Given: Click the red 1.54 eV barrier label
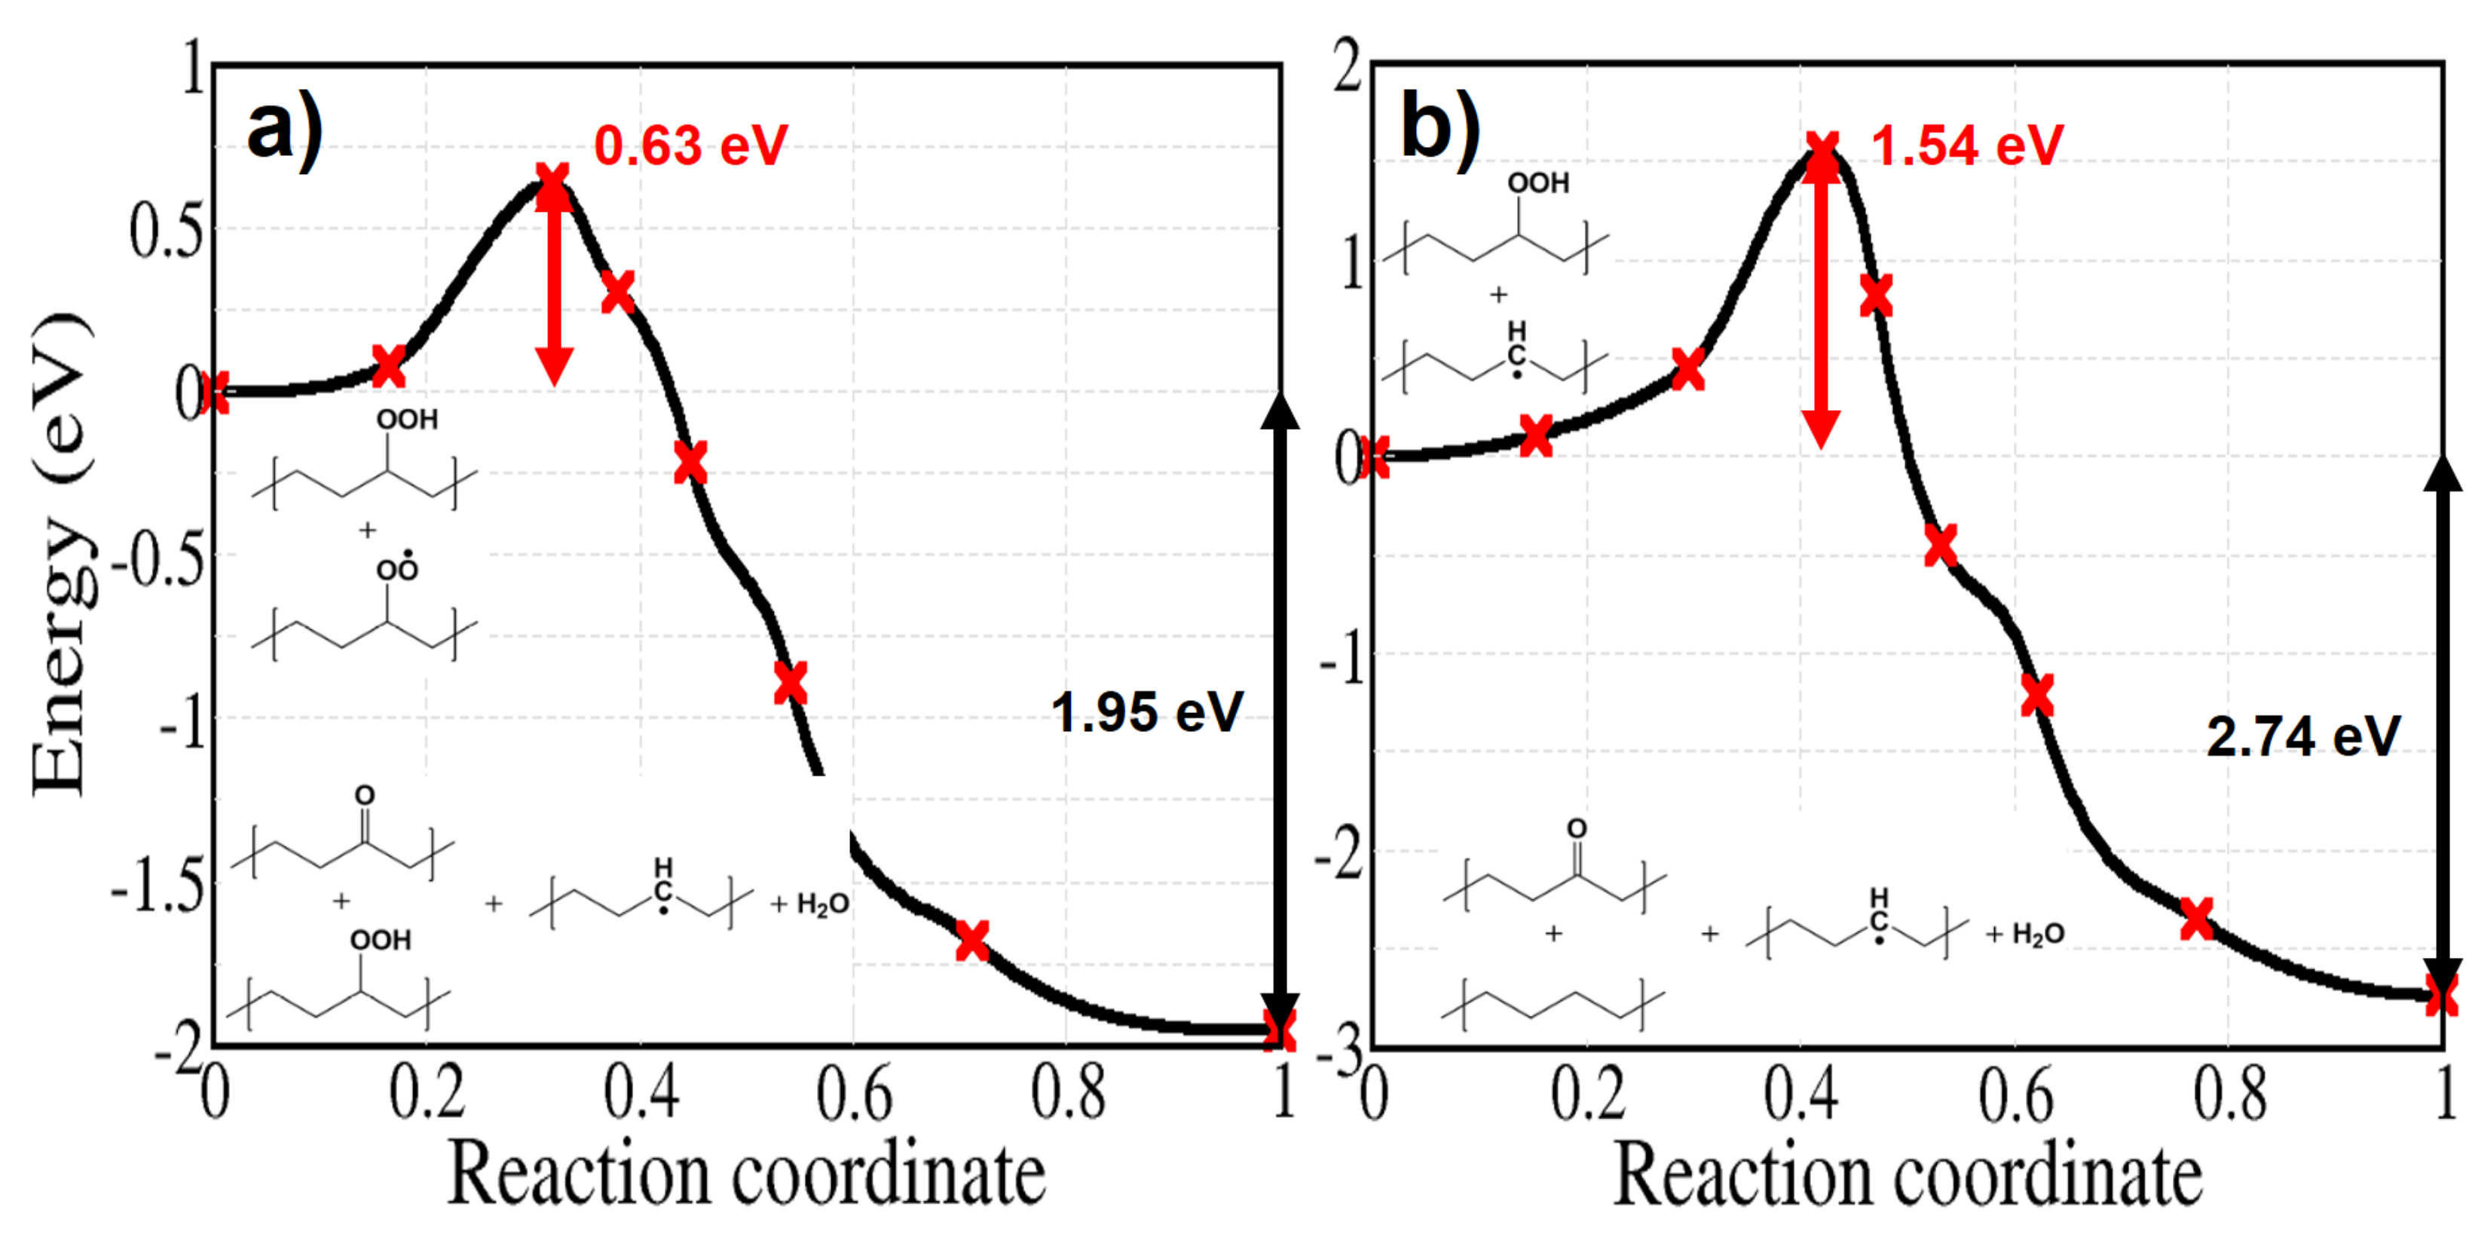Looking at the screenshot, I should [x=1966, y=146].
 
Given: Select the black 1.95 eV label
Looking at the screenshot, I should [x=1147, y=712].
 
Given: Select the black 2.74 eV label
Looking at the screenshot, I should [x=2303, y=737].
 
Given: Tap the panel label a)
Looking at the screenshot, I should [x=284, y=130].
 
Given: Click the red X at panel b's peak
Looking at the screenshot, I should [x=1822, y=154].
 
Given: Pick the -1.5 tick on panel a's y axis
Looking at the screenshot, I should [x=158, y=889].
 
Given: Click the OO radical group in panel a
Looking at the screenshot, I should [x=396, y=568].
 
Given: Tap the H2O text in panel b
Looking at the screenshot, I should [x=2037, y=934].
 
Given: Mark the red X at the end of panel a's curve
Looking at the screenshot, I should [x=1279, y=1029].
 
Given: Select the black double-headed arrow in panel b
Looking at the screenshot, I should [x=2443, y=730].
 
